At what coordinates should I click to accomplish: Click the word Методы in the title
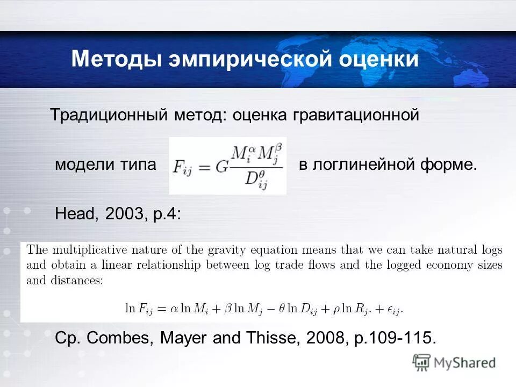pos(115,59)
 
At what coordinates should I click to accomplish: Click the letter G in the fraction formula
pos(221,166)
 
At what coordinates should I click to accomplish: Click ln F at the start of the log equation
pos(137,309)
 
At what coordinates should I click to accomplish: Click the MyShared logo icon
pos(422,362)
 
